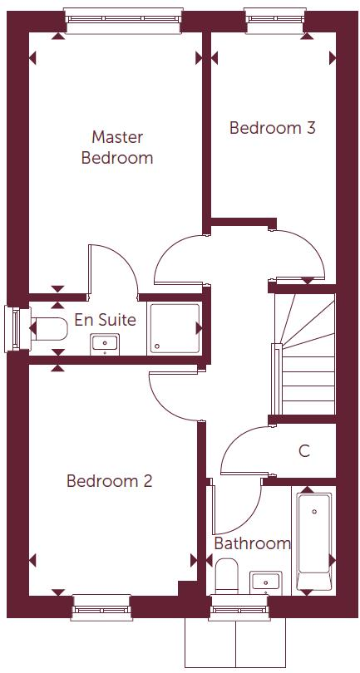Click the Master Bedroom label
pyautogui.click(x=116, y=147)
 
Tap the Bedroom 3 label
pyautogui.click(x=272, y=128)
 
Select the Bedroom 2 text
pyautogui.click(x=109, y=481)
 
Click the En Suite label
pyautogui.click(x=106, y=320)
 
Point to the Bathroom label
pyautogui.click(x=252, y=543)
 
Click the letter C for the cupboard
pyautogui.click(x=304, y=451)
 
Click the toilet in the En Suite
pyautogui.click(x=49, y=330)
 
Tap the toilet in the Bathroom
pyautogui.click(x=227, y=575)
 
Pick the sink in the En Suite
pyautogui.click(x=106, y=341)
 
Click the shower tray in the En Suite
pyautogui.click(x=175, y=329)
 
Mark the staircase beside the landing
pyautogui.click(x=303, y=353)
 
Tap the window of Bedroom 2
pyautogui.click(x=101, y=607)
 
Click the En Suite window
pyautogui.click(x=14, y=329)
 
